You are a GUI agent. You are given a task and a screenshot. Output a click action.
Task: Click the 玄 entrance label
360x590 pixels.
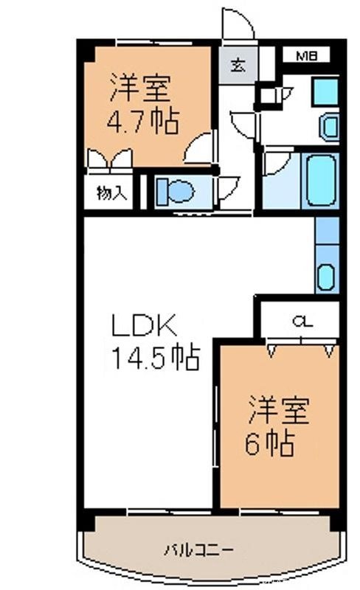tap(237, 64)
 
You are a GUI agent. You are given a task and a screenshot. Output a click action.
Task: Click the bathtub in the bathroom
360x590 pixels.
tap(321, 181)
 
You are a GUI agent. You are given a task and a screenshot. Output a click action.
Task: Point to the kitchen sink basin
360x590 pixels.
tap(326, 277)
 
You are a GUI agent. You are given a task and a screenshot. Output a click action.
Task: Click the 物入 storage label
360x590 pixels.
tap(112, 193)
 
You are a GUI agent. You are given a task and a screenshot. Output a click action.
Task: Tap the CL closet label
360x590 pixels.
tap(300, 321)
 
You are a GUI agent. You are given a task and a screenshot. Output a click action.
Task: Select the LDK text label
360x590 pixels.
tap(143, 325)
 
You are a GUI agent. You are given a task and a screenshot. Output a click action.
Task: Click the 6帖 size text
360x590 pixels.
tap(270, 444)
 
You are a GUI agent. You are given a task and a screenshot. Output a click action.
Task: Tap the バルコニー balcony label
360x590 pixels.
tap(198, 549)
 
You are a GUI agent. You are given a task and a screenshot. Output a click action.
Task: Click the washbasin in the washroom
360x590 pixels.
tap(329, 127)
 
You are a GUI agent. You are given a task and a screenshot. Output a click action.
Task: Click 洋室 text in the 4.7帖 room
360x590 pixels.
tap(141, 88)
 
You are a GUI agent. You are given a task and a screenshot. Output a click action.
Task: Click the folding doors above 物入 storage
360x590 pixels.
tap(106, 159)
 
